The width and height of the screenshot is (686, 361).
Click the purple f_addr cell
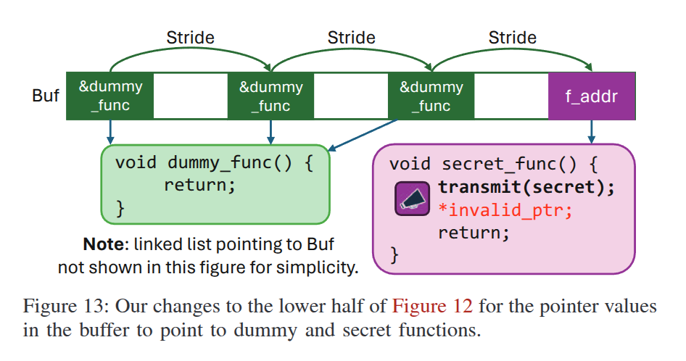[591, 96]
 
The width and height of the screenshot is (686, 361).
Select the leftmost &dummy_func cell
[110, 96]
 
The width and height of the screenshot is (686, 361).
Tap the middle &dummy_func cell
[270, 96]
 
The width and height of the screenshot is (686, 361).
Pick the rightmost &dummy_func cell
[431, 96]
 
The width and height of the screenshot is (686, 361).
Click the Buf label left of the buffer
[46, 96]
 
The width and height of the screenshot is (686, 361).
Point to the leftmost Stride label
[191, 37]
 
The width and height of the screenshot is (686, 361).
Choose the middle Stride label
[351, 37]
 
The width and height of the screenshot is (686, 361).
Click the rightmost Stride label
[512, 37]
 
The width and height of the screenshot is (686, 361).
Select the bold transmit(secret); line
[526, 187]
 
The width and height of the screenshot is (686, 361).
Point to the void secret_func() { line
[493, 164]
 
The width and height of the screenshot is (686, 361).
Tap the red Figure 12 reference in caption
[432, 306]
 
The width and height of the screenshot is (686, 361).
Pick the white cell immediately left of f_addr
[511, 96]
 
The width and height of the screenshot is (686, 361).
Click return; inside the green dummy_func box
[199, 185]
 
